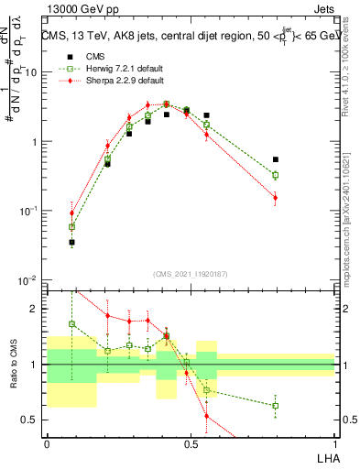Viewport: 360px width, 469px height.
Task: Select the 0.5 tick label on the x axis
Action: tap(191, 444)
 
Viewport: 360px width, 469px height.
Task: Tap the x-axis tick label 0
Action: tap(47, 444)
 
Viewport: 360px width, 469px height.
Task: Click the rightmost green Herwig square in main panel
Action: tap(276, 175)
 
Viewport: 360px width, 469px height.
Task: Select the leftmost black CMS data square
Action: tap(71, 243)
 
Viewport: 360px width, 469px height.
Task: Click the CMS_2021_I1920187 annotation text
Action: tap(191, 272)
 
